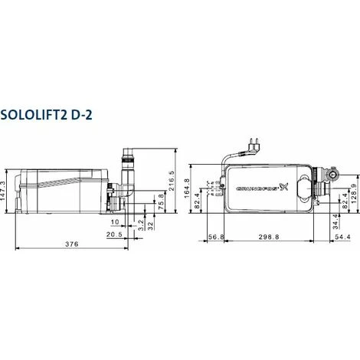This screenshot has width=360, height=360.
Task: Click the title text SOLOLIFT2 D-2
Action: coord(61,116)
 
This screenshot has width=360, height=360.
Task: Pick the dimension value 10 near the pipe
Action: coord(115,222)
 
